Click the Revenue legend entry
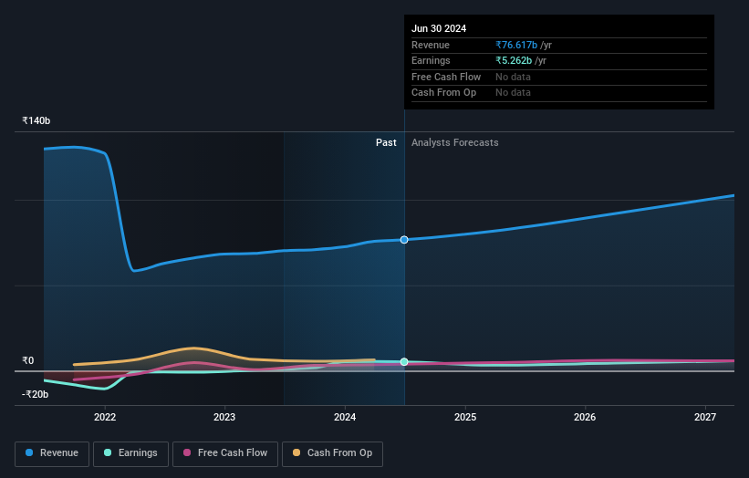pos(52,452)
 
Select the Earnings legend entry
pos(131,452)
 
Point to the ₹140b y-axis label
pos(36,120)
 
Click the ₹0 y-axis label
pos(28,360)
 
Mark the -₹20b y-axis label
pos(36,394)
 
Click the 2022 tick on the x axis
pos(105,418)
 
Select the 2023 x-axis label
pos(224,418)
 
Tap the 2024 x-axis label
pos(345,418)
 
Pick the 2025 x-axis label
pos(465,418)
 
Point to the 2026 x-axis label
pos(585,418)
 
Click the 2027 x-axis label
pos(705,418)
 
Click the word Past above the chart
pos(386,142)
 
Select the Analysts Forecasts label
pos(455,142)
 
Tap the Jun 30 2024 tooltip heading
pos(439,28)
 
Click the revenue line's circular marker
pos(404,239)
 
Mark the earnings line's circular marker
pos(404,362)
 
